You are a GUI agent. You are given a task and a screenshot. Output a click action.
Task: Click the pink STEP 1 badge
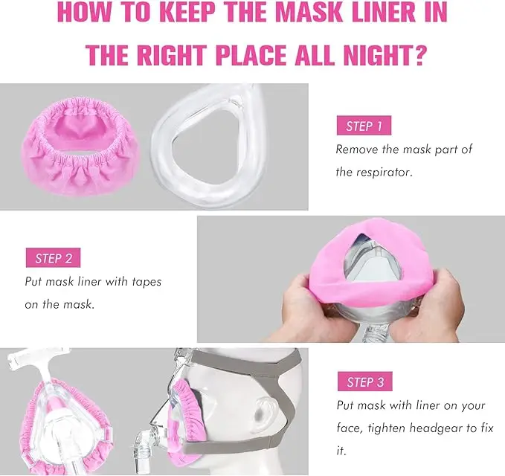point(364,126)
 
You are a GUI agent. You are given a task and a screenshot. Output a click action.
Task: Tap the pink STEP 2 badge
point(53,259)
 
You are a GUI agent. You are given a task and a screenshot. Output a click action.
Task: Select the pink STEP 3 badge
point(364,382)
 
